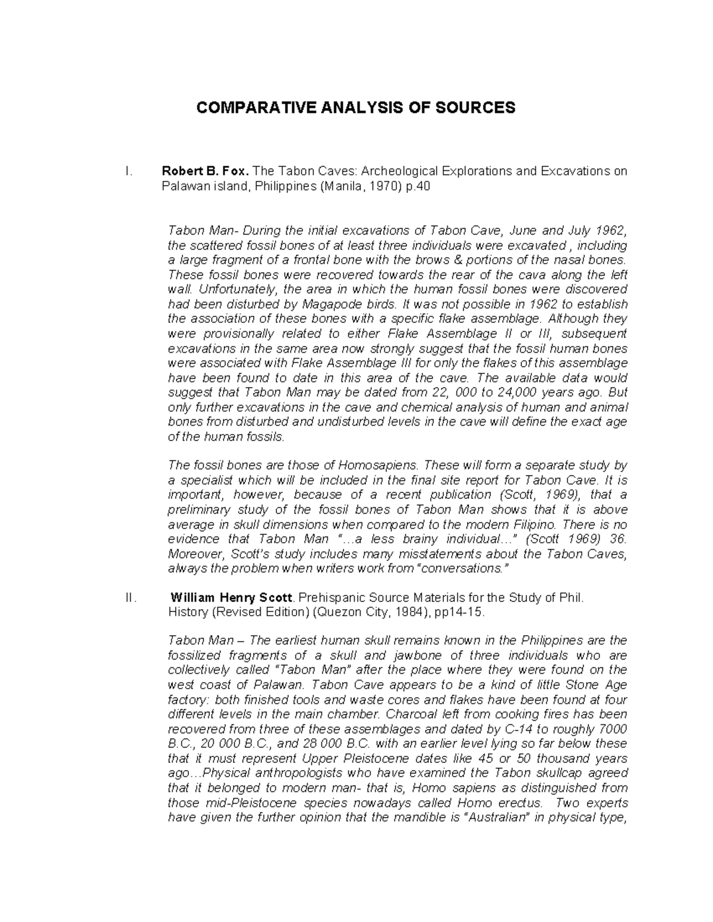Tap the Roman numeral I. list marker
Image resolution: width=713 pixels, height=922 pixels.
click(x=128, y=172)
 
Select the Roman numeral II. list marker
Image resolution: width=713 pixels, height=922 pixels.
click(x=131, y=598)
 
